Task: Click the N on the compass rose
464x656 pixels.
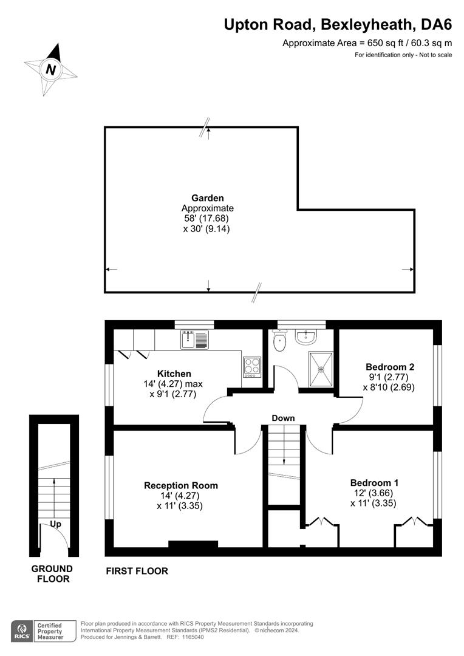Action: [50, 69]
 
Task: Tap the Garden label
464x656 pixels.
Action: [208, 198]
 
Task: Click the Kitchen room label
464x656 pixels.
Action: [174, 374]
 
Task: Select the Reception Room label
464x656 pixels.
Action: [181, 486]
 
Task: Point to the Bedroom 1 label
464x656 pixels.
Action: [375, 482]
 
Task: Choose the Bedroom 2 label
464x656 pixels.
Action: [390, 367]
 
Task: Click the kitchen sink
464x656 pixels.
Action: [194, 340]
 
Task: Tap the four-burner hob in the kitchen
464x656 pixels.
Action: [252, 367]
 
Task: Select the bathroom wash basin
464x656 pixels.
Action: [307, 337]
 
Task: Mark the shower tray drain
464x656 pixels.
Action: [321, 369]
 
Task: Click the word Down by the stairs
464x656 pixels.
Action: [283, 418]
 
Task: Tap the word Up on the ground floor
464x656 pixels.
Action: [56, 524]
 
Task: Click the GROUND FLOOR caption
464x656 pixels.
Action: [52, 574]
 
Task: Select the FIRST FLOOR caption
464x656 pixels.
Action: [137, 571]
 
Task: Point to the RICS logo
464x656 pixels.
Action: [22, 631]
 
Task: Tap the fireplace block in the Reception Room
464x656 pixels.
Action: [193, 544]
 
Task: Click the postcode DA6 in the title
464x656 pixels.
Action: [437, 25]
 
